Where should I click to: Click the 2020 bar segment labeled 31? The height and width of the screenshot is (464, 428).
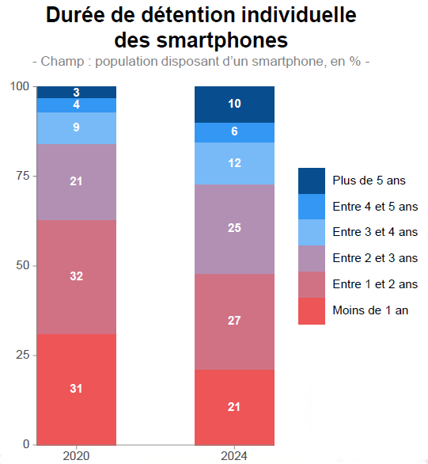coord(76,389)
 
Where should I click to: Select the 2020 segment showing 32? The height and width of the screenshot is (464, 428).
coord(76,276)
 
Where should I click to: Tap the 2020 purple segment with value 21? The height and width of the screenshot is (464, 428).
coord(76,182)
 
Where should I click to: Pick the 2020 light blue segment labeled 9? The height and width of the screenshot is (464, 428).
coord(76,128)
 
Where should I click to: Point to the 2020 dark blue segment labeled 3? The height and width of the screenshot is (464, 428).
coord(76,92)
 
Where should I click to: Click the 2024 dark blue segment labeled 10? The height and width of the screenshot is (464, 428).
coord(234,105)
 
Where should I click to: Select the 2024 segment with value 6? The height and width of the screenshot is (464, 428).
coord(234,132)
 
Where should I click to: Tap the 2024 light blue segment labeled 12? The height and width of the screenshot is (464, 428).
coord(234,163)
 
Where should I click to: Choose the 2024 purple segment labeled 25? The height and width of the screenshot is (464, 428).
coord(234,229)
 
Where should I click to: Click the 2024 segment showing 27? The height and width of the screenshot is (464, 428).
coord(234,321)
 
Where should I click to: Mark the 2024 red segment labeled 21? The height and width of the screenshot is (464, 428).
coord(234,406)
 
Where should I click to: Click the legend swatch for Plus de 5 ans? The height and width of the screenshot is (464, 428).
coord(312,181)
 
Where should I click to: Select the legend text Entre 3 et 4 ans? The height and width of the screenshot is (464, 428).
coord(375,232)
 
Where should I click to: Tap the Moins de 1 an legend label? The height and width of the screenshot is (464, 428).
coord(370,310)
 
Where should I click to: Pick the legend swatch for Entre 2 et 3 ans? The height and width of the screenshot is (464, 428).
coord(312,258)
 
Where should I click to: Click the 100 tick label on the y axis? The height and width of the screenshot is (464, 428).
coord(20,86)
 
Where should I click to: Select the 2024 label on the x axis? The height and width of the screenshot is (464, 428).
coord(234,456)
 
